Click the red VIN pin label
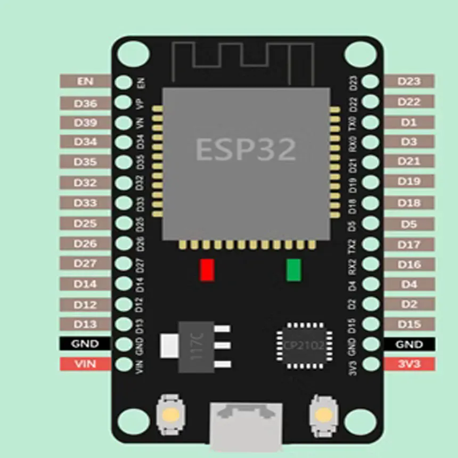click(85, 364)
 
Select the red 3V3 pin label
click(409, 364)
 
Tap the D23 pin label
click(409, 81)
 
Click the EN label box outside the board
click(85, 81)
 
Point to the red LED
click(207, 270)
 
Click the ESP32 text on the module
click(246, 149)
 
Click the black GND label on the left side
click(85, 344)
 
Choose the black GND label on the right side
click(409, 344)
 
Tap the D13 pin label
click(85, 324)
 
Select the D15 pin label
click(409, 324)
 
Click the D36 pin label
click(85, 103)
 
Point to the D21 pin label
click(409, 161)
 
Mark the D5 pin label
click(409, 224)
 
